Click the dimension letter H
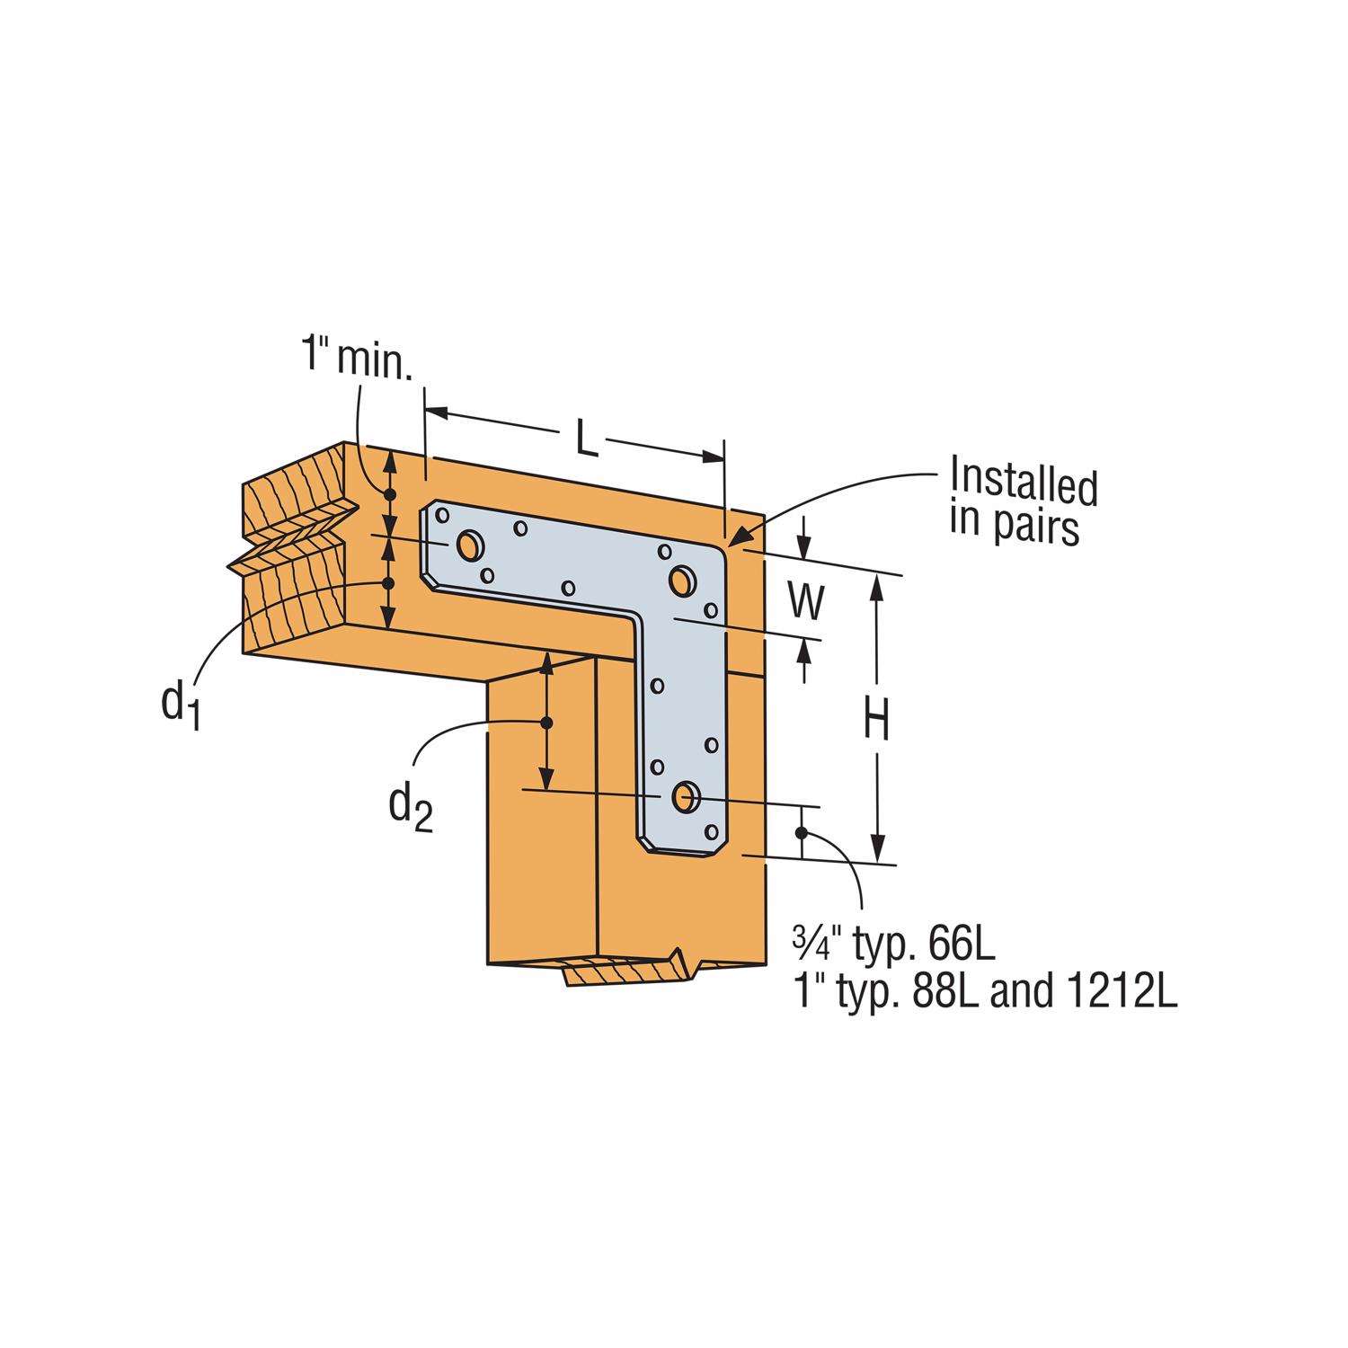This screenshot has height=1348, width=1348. coord(877,721)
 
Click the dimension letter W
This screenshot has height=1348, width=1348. coord(807,604)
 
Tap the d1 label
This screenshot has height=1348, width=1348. coord(180,702)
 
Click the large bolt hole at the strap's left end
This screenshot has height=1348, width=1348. coord(469,545)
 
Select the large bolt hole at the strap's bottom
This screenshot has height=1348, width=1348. coord(685,794)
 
